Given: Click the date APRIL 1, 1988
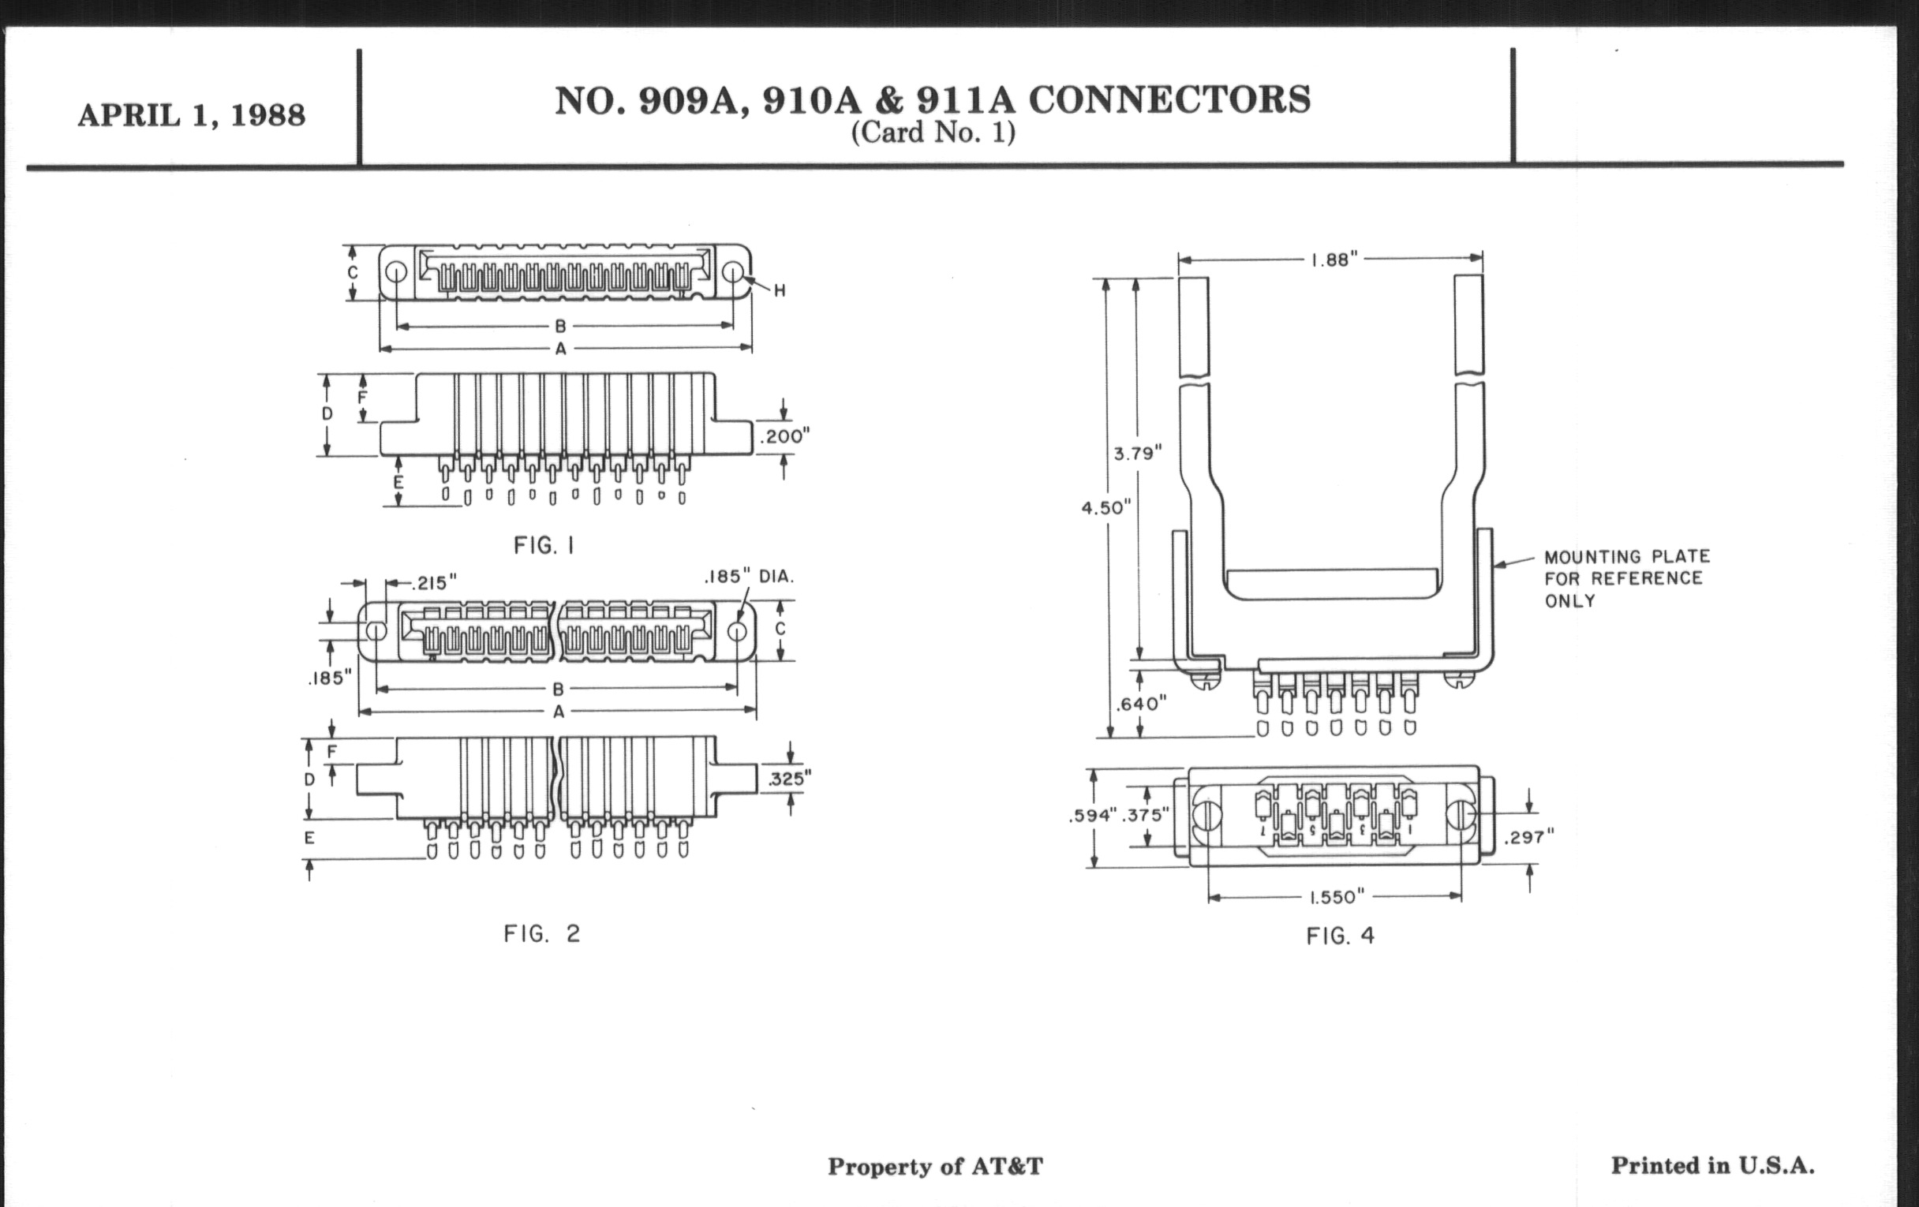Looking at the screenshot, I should (x=191, y=115).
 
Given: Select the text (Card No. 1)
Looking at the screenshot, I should (x=933, y=133).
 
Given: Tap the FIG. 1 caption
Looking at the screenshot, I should (x=544, y=546).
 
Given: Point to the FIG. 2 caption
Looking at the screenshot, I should (x=542, y=934).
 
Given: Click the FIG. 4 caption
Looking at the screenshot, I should (x=1341, y=936).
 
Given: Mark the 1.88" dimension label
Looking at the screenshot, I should (x=1334, y=260).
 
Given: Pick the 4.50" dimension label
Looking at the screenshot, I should (x=1106, y=508).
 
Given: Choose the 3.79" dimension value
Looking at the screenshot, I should (x=1137, y=454).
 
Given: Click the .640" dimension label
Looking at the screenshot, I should (x=1140, y=704).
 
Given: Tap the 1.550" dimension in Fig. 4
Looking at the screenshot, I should (x=1337, y=898).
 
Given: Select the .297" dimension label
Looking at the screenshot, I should (x=1528, y=836).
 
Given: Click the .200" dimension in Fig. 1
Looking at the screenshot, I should (x=784, y=436).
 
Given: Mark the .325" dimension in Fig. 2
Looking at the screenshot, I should (x=789, y=779).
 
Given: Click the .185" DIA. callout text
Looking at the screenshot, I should (x=749, y=576).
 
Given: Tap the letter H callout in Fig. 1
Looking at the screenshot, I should (x=780, y=292).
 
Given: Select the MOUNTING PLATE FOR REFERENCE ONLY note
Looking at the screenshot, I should (x=1626, y=578).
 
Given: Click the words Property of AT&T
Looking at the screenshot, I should (x=935, y=1166).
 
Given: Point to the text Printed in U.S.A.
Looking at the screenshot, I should (x=1712, y=1165).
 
